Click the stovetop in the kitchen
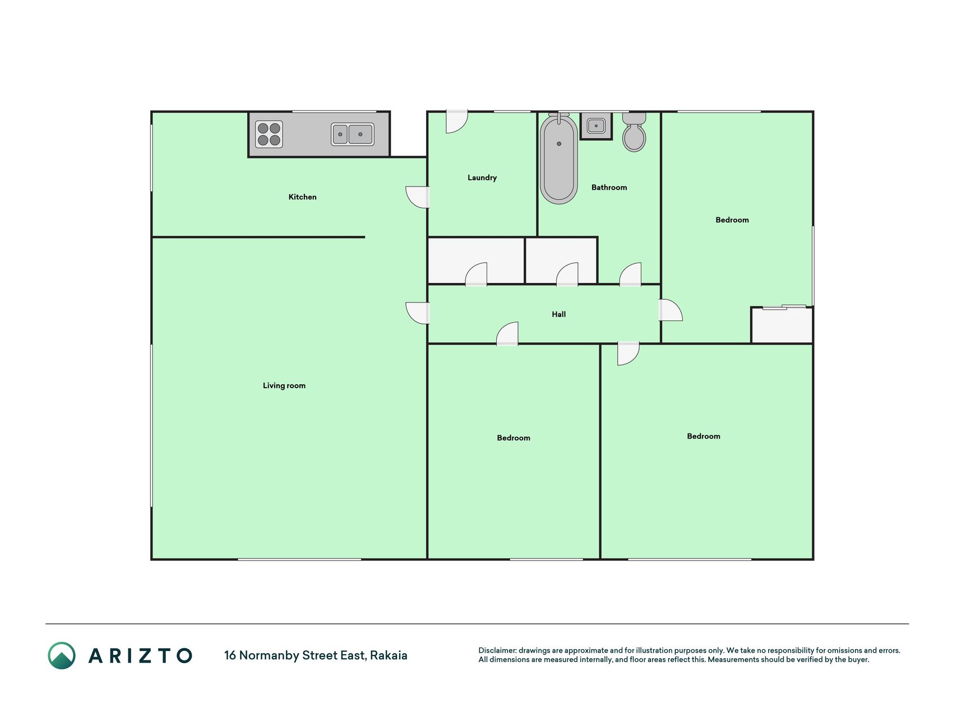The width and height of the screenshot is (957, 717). point(269,134)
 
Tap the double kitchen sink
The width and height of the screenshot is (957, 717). point(352,134)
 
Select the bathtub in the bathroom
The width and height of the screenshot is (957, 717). point(559,159)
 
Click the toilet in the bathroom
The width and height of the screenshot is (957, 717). point(634,132)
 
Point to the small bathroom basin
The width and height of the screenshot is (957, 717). point(596,125)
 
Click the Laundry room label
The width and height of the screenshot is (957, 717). point(482,178)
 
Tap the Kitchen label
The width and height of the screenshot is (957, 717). point(302,197)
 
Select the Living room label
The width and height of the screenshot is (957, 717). point(284,385)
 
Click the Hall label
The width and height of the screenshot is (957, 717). point(559,314)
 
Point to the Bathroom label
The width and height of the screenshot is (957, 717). point(609,187)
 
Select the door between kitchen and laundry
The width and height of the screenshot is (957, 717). point(418,197)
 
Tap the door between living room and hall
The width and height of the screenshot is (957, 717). point(418,313)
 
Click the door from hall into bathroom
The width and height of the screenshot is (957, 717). point(630,274)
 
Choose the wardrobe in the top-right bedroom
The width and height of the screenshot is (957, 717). point(782,325)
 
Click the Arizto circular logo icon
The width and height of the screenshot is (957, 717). point(62,655)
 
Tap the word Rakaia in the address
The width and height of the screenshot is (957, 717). point(389,655)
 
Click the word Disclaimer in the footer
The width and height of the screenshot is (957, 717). point(497,650)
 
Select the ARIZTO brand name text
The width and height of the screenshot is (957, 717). point(140,655)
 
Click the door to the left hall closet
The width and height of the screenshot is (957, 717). point(476,274)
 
